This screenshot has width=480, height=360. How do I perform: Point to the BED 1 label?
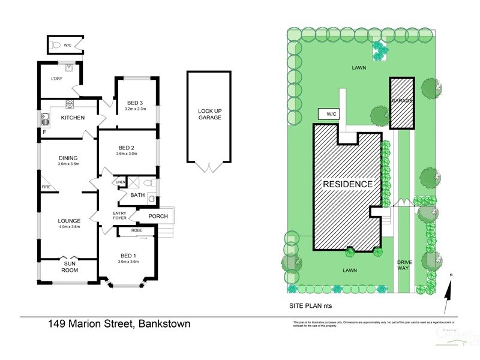pos(127,256)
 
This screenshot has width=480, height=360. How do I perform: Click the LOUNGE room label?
pos(68,221)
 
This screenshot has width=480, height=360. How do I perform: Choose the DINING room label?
pos(68,158)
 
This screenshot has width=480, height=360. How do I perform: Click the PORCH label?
pos(158,216)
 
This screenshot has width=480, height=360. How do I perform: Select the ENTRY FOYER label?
pos(119,216)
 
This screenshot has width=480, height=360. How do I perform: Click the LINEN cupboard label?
pos(121,182)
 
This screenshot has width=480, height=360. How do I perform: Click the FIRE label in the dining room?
pos(46,187)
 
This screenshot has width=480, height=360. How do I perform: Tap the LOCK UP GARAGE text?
pos(209,114)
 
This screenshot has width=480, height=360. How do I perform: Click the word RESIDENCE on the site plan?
pos(348,184)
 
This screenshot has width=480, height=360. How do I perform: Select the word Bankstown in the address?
pos(164,325)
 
